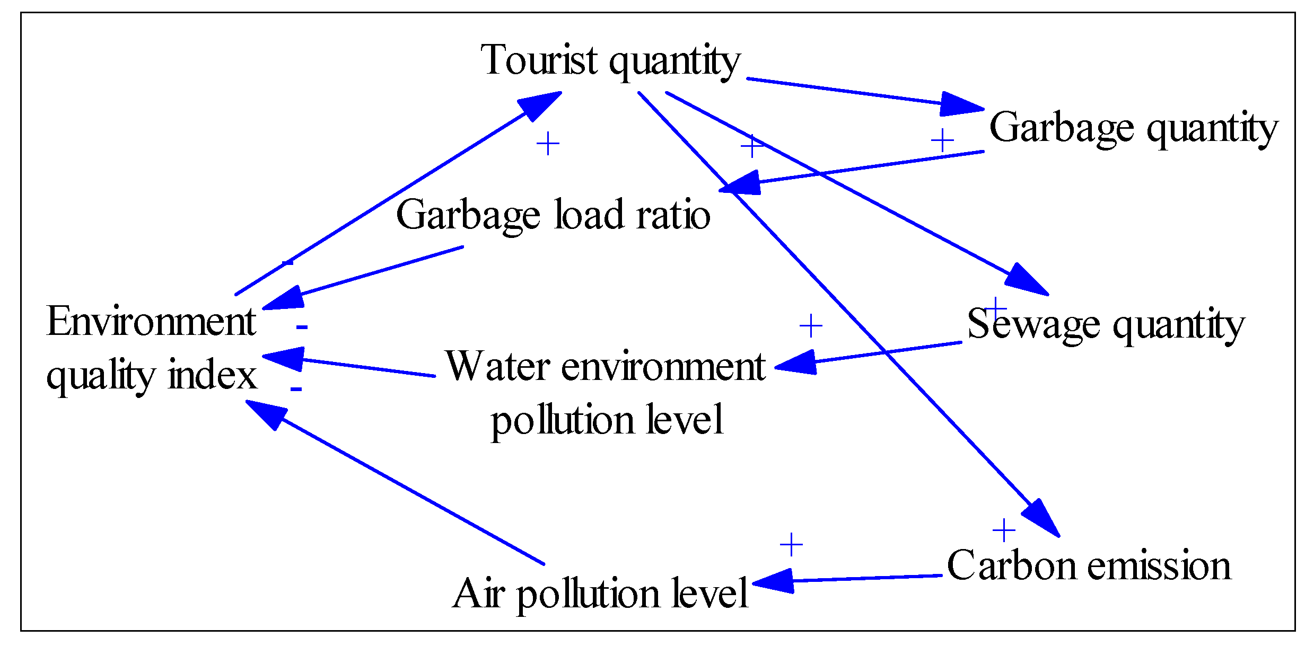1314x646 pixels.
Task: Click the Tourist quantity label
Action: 610,60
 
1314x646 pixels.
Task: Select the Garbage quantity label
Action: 1133,128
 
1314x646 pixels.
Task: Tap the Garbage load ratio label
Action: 553,215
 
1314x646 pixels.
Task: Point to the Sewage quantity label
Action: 1106,324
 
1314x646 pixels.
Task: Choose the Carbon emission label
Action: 1089,565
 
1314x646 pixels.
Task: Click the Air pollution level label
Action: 600,593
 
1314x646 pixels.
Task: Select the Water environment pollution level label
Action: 606,392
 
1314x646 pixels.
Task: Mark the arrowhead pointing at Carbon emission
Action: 1041,518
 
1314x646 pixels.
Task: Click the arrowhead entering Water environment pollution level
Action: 796,364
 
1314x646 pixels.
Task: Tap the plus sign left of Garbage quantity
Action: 942,141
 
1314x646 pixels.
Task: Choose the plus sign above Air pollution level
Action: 791,545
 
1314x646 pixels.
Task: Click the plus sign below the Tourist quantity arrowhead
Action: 548,144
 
